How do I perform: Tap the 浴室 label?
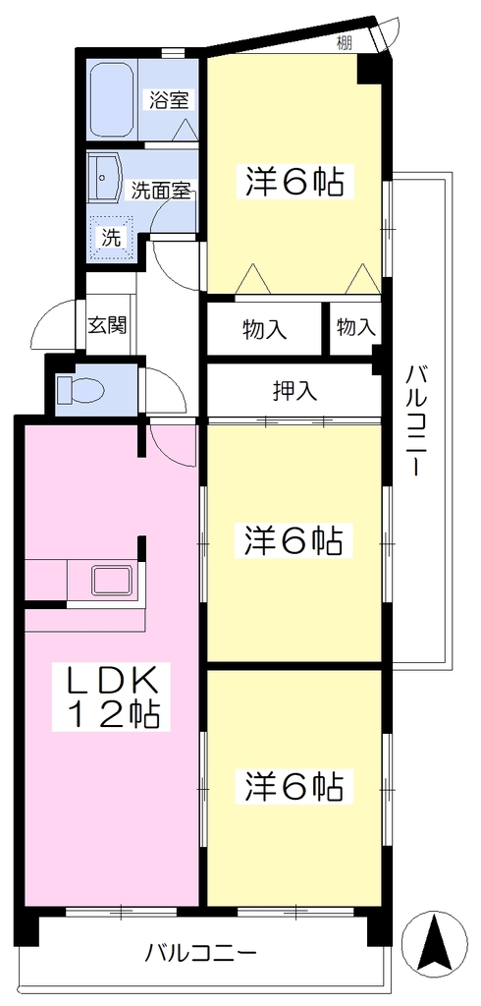click(169, 100)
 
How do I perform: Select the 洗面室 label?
click(161, 191)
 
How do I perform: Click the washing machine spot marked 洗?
click(112, 238)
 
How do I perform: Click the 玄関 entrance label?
click(107, 325)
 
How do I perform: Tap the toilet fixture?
click(79, 388)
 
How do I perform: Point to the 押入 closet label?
click(295, 391)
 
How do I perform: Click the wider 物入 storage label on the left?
click(264, 329)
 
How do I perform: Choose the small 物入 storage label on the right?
click(354, 328)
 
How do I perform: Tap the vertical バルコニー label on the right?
click(417, 420)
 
